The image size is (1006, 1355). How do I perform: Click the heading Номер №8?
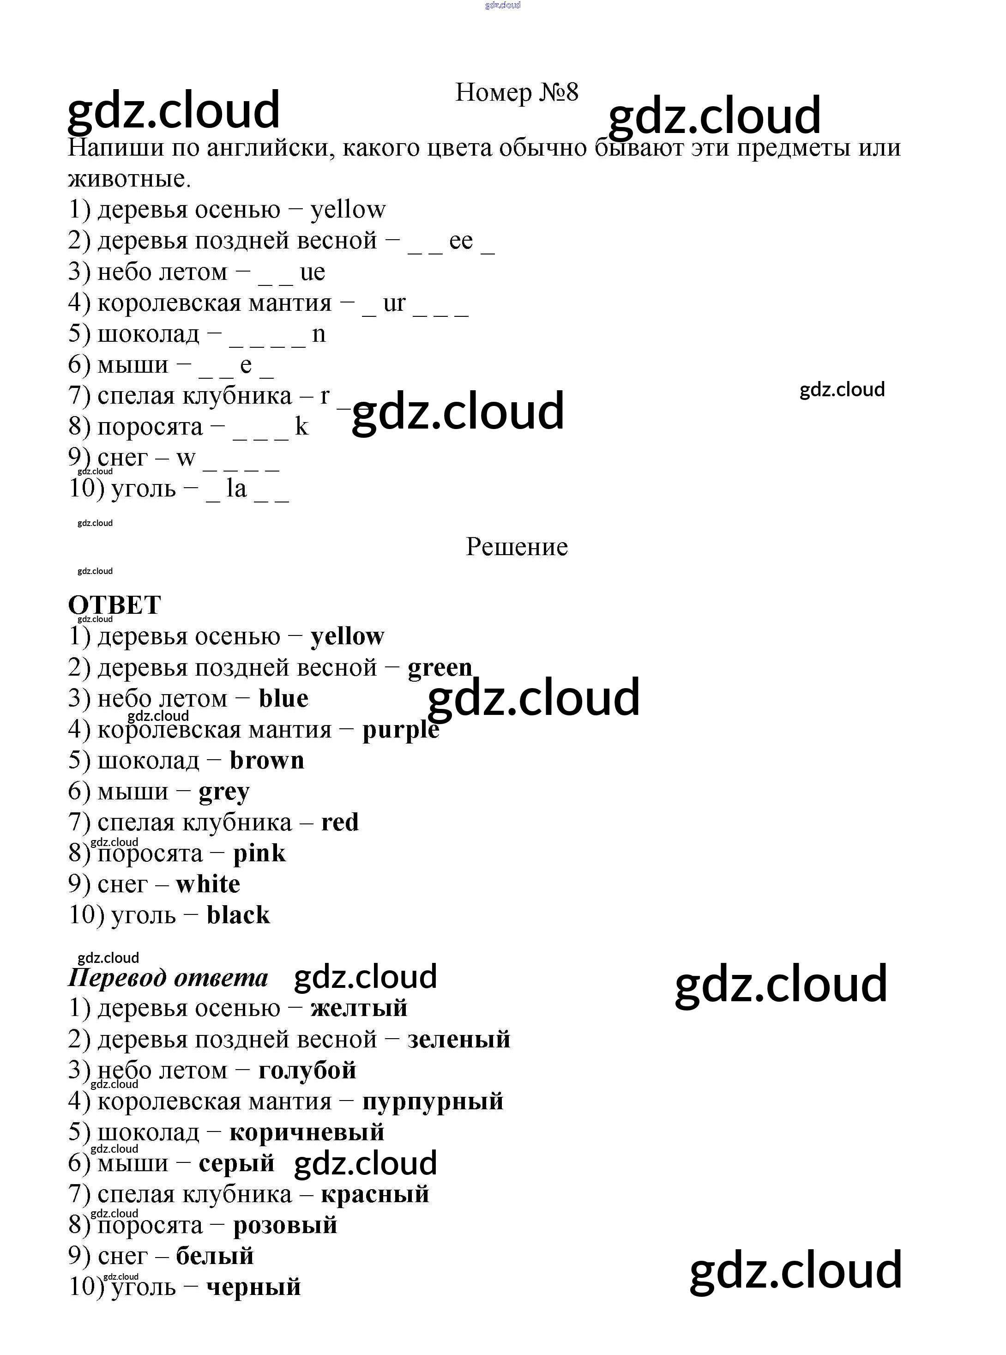[x=517, y=92]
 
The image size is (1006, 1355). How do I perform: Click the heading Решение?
[x=517, y=547]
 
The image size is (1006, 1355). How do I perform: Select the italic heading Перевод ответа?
[x=168, y=977]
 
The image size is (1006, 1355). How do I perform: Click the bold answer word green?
[x=440, y=667]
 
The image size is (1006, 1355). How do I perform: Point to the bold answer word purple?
[x=400, y=730]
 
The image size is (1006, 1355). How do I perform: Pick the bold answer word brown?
[x=267, y=761]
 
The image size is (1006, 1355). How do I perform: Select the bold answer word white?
[x=208, y=884]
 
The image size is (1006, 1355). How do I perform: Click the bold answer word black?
[x=238, y=915]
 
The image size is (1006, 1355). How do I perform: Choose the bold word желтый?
[x=359, y=1009]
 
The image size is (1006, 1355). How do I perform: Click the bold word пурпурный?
[x=433, y=1101]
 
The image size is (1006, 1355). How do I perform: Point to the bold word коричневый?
[x=307, y=1132]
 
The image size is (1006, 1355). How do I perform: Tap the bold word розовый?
[x=285, y=1225]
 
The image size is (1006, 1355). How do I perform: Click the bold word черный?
[x=253, y=1287]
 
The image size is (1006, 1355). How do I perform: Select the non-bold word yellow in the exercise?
[x=348, y=210]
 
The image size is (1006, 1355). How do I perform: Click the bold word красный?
[x=375, y=1194]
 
